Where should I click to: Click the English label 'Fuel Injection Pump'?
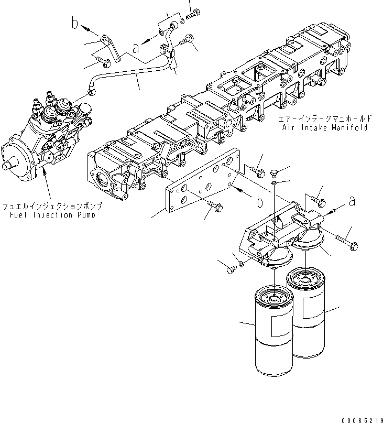tap(51, 215)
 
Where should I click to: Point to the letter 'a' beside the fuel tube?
tap(135, 48)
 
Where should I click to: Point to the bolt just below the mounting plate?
tap(215, 210)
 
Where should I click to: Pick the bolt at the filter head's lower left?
tap(231, 269)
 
